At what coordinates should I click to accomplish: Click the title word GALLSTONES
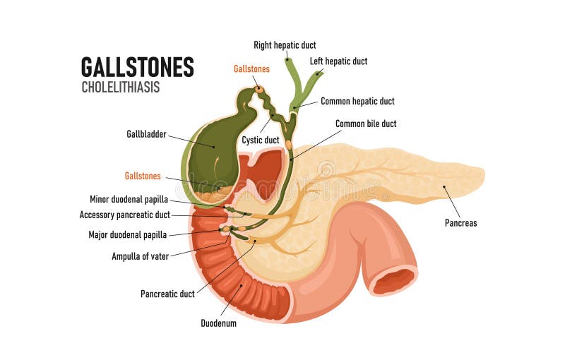click(137, 67)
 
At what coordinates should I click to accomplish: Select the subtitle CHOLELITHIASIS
click(121, 88)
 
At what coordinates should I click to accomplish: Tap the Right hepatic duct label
click(285, 45)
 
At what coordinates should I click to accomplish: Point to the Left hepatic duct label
click(338, 61)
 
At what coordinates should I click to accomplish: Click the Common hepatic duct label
click(357, 102)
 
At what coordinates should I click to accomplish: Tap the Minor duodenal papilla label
click(129, 200)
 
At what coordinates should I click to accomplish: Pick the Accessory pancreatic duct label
click(124, 215)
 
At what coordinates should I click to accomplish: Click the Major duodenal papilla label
click(127, 235)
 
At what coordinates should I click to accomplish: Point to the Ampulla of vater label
click(140, 256)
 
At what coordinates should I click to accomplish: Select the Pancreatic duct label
click(167, 293)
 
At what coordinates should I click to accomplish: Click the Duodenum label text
click(218, 323)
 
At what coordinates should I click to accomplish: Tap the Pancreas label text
click(460, 223)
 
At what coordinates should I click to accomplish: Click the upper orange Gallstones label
click(251, 69)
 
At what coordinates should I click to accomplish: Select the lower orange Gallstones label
click(142, 176)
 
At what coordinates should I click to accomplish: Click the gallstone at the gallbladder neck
click(260, 90)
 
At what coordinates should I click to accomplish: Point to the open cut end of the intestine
click(393, 281)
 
